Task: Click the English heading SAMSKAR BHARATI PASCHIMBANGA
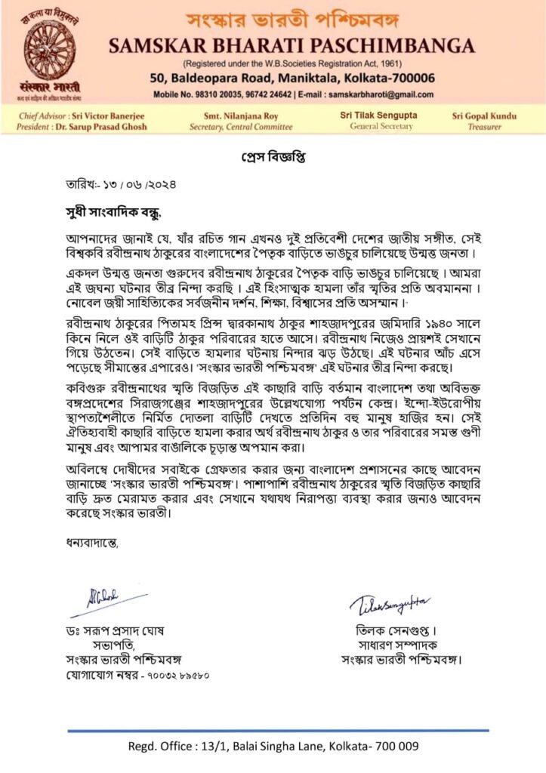click(x=292, y=46)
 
